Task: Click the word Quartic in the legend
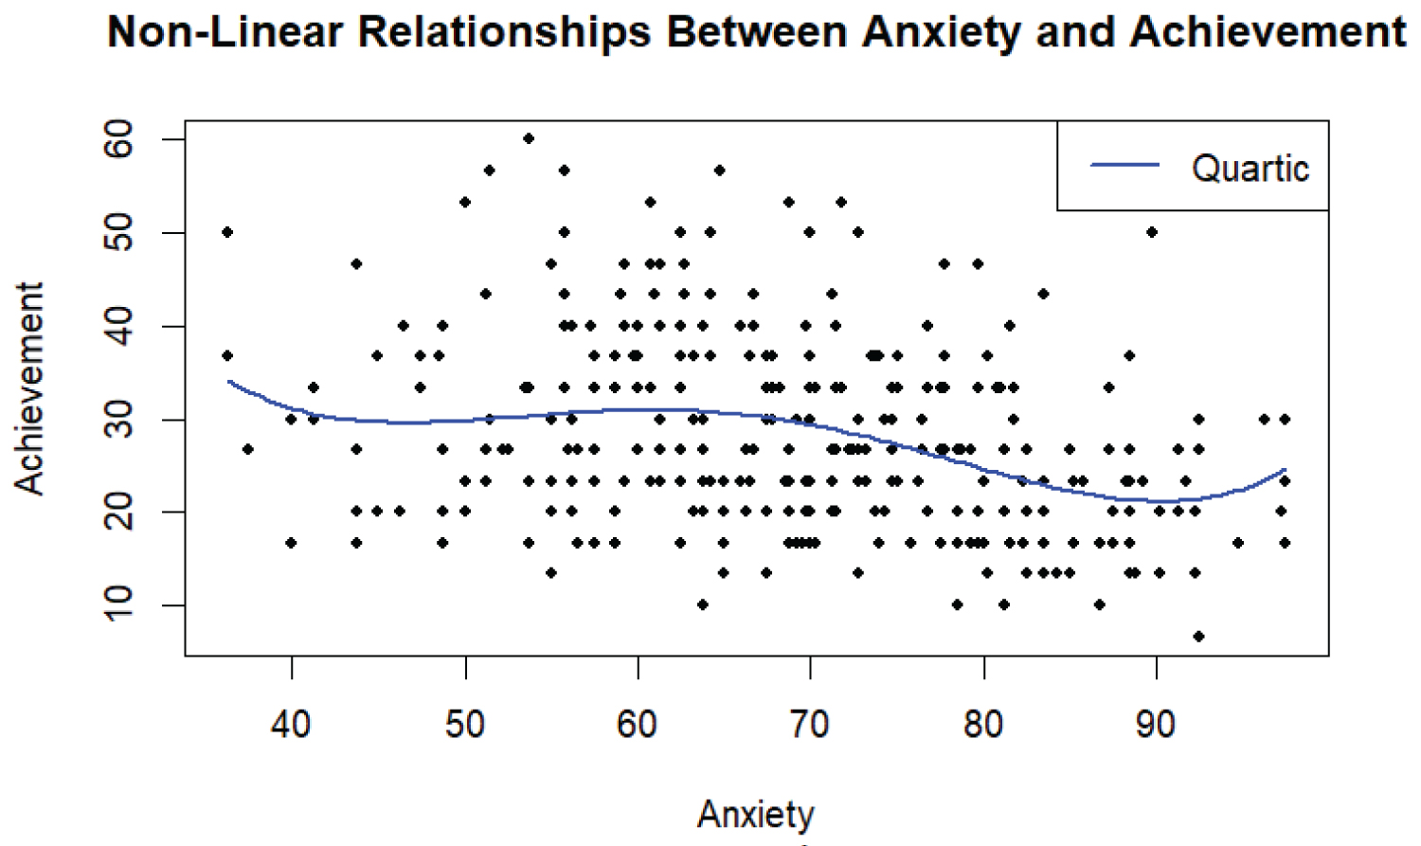point(1250,169)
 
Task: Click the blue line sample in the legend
point(1124,165)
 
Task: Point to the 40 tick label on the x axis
point(291,725)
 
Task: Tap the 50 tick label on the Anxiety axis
point(464,725)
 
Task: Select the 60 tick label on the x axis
point(637,725)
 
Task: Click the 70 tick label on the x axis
point(810,725)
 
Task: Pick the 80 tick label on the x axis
point(983,725)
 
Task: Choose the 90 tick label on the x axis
point(1156,725)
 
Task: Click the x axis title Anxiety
point(755,815)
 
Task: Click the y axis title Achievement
point(30,388)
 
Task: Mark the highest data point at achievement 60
point(529,138)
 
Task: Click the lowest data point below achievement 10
point(1198,636)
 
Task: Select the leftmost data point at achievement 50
point(227,232)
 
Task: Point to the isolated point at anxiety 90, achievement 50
point(1152,232)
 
